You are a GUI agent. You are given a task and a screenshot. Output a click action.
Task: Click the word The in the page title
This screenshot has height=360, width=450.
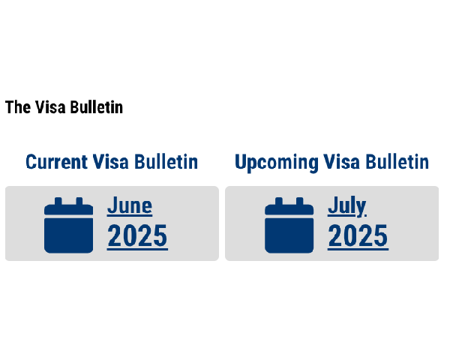tap(18, 107)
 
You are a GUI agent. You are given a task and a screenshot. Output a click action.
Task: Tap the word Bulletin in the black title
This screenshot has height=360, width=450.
tap(97, 107)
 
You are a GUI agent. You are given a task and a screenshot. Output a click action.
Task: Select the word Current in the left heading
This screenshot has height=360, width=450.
tap(56, 162)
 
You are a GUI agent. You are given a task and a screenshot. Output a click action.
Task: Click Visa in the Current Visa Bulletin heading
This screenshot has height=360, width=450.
tap(111, 162)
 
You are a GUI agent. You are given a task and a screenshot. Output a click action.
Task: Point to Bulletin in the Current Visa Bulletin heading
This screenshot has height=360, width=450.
tap(166, 162)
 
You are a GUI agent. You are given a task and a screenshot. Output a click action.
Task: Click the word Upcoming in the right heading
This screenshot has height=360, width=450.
tap(277, 163)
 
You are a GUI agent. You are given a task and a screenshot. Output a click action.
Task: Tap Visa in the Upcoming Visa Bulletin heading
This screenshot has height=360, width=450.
tap(342, 162)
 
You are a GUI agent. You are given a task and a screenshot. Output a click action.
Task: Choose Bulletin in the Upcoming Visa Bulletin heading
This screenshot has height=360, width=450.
tap(397, 162)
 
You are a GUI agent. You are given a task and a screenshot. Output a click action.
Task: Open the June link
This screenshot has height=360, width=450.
tap(130, 205)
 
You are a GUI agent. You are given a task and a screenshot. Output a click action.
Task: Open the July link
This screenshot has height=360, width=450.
tap(347, 206)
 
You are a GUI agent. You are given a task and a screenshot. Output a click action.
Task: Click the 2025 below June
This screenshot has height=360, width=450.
tap(137, 236)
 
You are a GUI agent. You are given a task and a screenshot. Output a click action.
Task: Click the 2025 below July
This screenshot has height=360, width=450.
tap(358, 236)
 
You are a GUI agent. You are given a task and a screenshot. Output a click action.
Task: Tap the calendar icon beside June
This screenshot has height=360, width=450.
tap(68, 225)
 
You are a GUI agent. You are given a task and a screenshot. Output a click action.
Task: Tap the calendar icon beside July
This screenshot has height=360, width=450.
tap(289, 225)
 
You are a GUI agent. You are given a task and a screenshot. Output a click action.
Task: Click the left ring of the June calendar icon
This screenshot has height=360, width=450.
tap(58, 201)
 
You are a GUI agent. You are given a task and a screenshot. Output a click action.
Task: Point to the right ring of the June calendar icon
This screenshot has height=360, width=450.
tap(79, 201)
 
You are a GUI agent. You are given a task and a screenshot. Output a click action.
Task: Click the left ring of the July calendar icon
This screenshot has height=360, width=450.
tap(279, 201)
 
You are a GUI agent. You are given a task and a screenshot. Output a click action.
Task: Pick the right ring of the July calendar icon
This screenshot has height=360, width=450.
tap(299, 201)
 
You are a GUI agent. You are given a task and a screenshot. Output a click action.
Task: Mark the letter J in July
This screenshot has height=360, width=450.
tap(332, 205)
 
